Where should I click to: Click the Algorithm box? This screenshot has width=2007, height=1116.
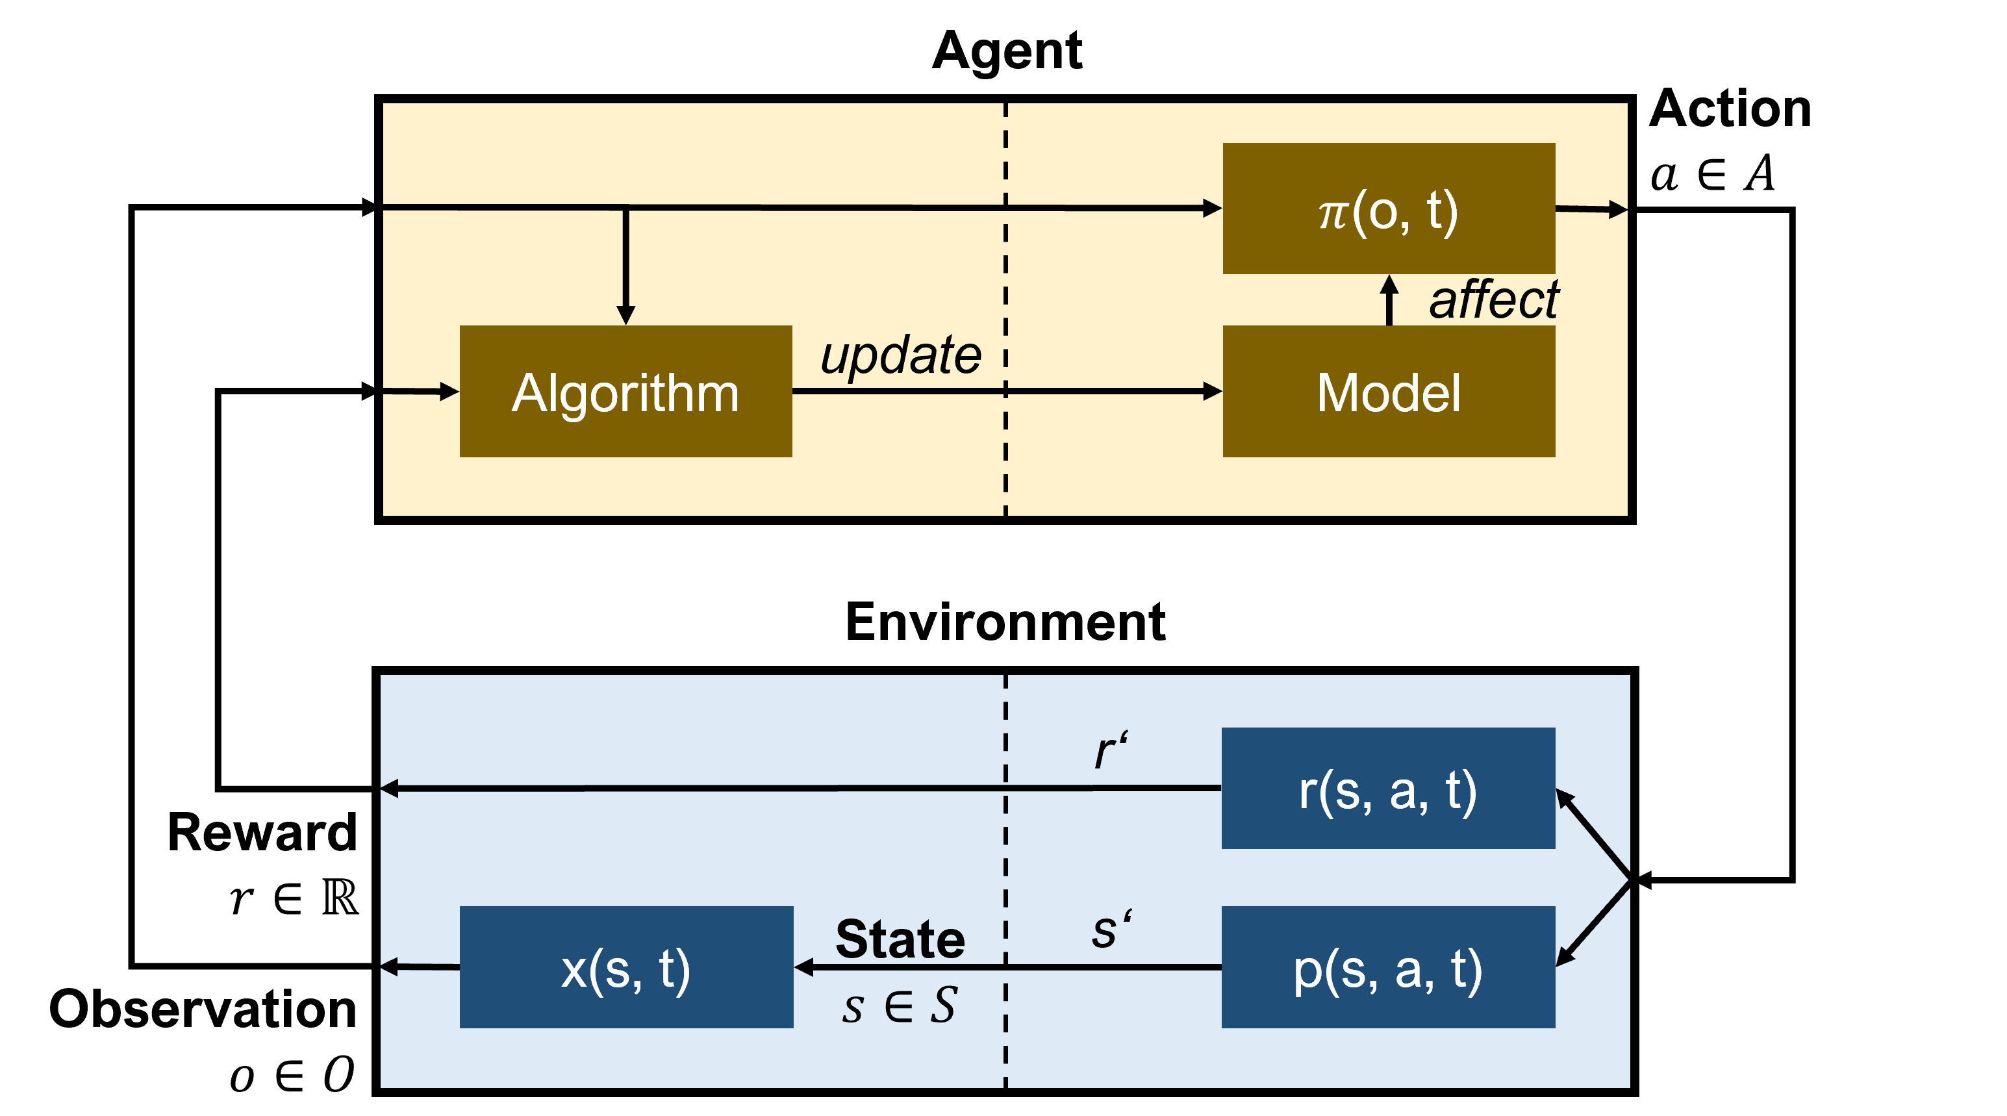625,391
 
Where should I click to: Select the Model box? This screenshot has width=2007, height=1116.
1389,391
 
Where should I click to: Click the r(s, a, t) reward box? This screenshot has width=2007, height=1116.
1389,788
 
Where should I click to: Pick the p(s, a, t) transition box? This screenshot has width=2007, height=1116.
1389,967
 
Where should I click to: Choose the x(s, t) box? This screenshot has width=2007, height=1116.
625,967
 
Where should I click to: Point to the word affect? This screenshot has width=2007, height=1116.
1494,299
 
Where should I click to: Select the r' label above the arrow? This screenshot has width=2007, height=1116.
1110,750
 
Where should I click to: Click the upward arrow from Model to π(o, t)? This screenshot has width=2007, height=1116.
1389,300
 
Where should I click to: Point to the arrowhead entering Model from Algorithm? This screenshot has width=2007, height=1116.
1212,391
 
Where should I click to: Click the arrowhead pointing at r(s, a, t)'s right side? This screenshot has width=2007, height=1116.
1565,798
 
